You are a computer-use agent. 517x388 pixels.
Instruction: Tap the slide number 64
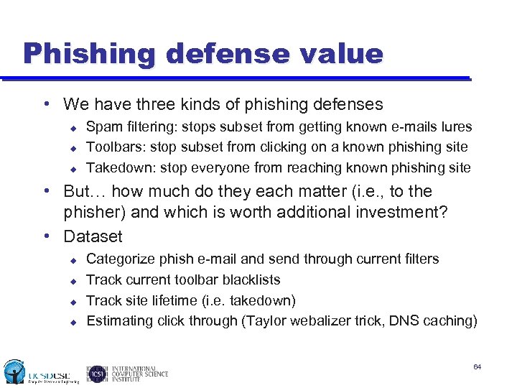coord(478,367)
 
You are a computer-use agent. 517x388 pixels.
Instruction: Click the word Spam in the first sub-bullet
coord(103,127)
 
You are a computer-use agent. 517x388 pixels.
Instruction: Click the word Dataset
coord(93,236)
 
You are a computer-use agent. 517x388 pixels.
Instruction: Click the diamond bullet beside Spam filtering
coord(73,128)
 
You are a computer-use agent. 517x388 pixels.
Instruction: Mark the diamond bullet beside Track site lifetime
coord(73,301)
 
